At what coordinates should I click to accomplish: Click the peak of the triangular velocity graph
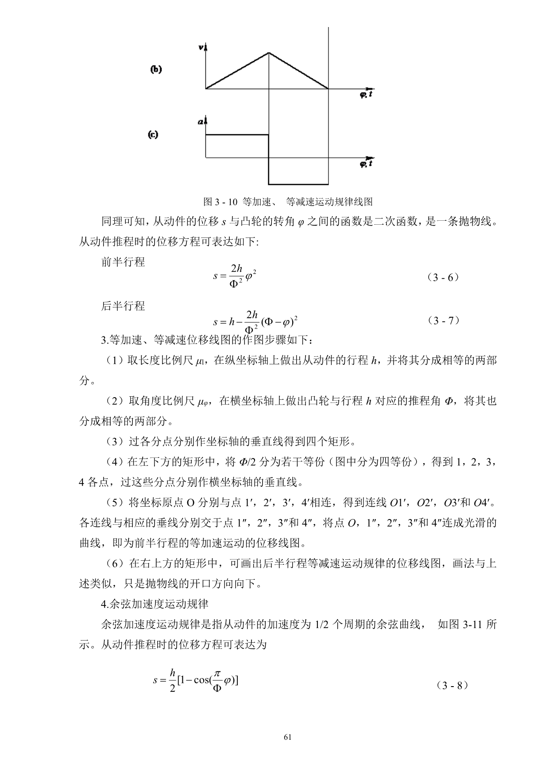(x=269, y=53)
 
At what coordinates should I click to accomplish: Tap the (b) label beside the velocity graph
(x=156, y=69)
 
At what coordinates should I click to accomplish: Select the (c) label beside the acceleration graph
(x=153, y=135)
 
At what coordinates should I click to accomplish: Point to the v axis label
(x=201, y=47)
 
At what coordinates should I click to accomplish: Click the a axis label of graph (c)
(x=201, y=121)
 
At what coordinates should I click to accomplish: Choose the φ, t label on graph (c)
(x=366, y=164)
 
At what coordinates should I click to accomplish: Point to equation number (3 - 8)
(x=452, y=685)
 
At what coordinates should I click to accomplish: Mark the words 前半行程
(x=123, y=262)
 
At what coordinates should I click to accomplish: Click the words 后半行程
(x=123, y=306)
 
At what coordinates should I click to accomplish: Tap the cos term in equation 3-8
(x=201, y=679)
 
